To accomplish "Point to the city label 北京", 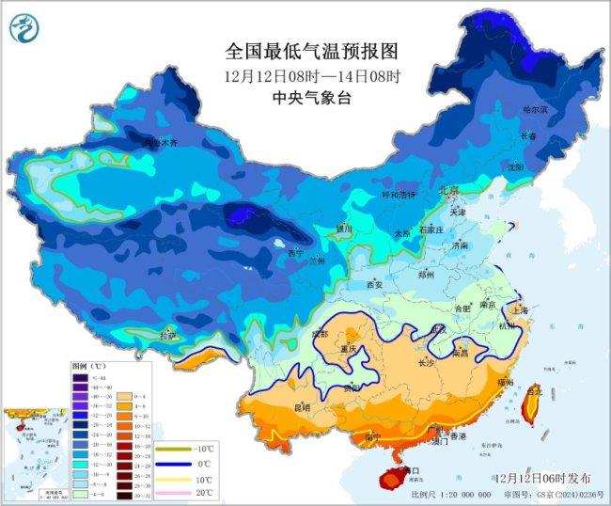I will click(449, 191).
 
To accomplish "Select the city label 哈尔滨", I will click(535, 110).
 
